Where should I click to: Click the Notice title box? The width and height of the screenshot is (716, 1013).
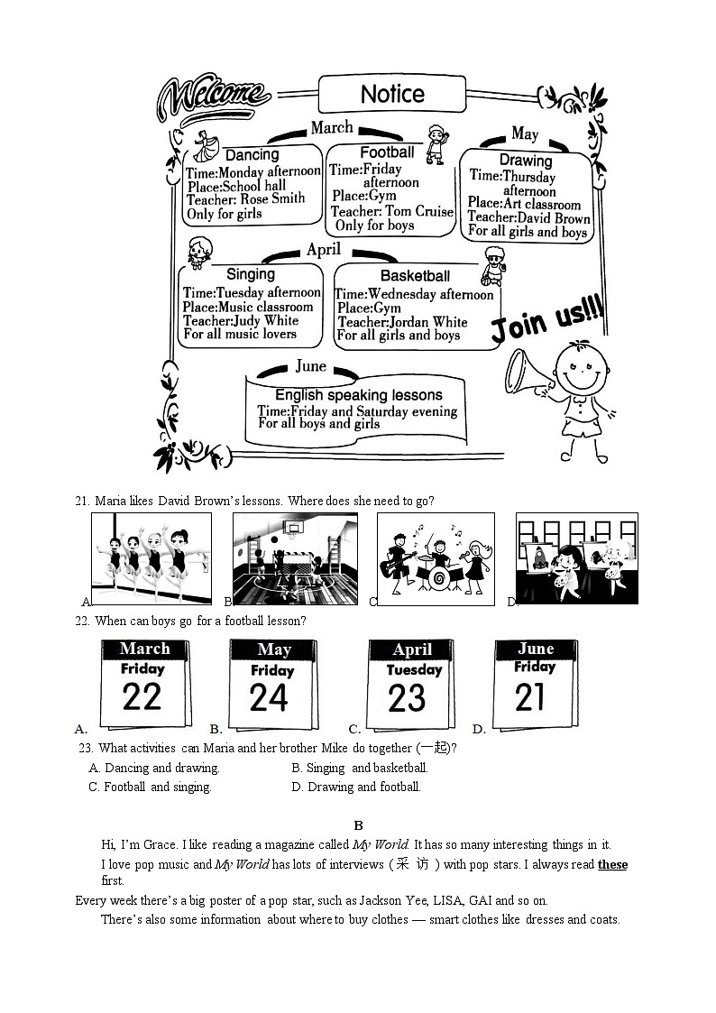click(x=392, y=94)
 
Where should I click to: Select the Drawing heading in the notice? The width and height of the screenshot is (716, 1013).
click(x=525, y=161)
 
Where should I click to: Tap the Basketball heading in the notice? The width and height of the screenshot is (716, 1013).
click(x=415, y=275)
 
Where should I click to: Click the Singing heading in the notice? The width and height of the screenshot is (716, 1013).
click(x=250, y=273)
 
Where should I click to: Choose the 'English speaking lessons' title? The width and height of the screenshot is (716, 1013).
click(x=358, y=395)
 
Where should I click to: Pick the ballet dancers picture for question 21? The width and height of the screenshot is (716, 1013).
click(x=151, y=559)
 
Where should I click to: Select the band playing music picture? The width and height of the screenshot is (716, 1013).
click(x=436, y=558)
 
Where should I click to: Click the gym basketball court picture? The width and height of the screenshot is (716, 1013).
click(x=295, y=558)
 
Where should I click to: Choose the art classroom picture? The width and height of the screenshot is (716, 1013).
click(x=576, y=558)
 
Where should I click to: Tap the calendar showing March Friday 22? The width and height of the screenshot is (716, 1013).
click(x=144, y=683)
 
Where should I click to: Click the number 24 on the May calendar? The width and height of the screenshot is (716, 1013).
click(x=270, y=698)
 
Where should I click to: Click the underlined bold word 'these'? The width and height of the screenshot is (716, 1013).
click(x=612, y=864)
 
